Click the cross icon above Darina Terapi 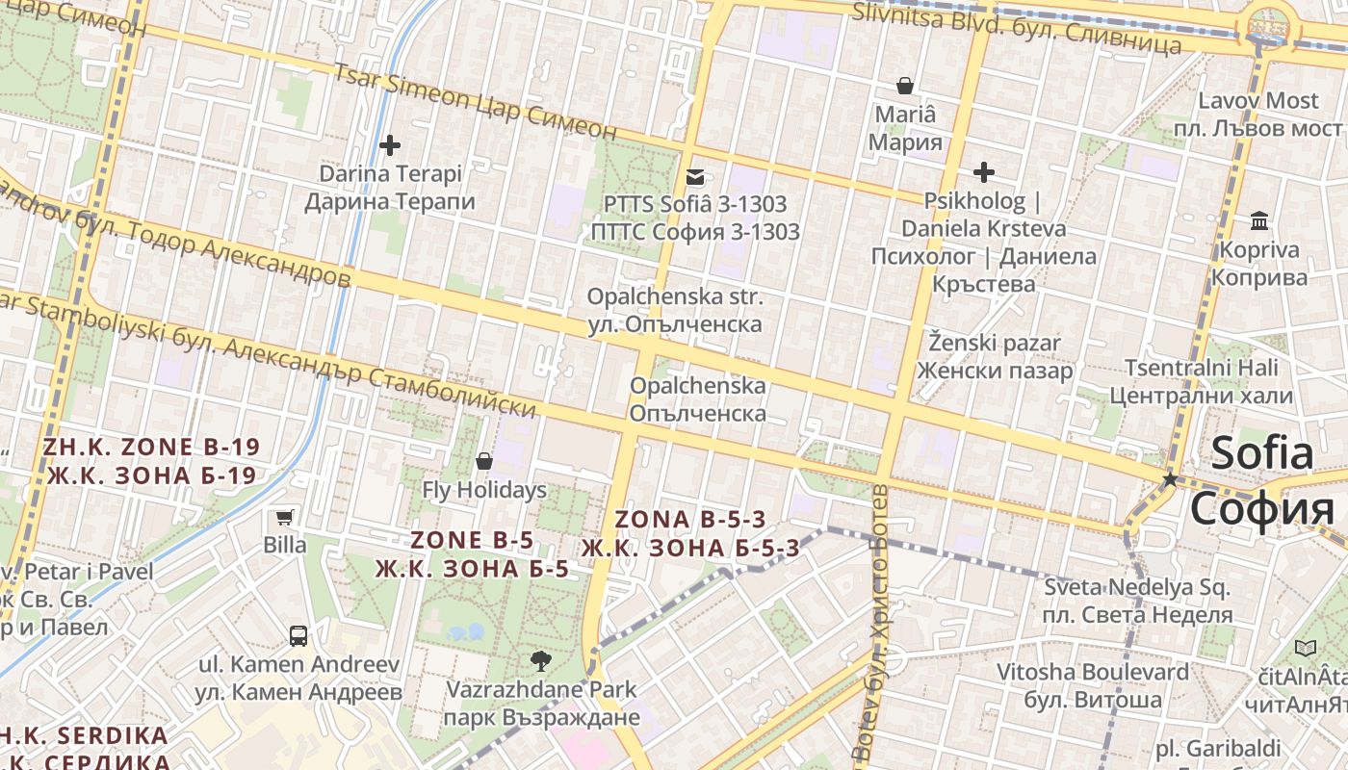pos(390,145)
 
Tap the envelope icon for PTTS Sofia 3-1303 pos(694,177)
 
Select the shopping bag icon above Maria pos(904,86)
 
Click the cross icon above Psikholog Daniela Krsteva pos(983,172)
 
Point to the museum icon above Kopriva pos(1258,221)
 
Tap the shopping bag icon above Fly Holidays pos(484,461)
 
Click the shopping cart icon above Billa pos(284,517)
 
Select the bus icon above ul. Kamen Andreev pos(298,635)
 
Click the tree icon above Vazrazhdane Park pos(541,660)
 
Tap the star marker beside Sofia pos(1170,478)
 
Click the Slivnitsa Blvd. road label pos(1018,28)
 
